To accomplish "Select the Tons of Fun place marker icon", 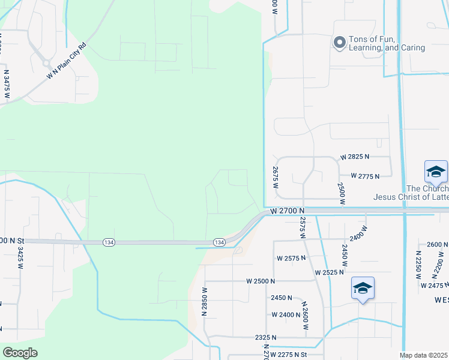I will (339, 42).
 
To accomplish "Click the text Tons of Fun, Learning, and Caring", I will (387, 43).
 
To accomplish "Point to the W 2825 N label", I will (355, 157).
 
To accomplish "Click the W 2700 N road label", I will (288, 211).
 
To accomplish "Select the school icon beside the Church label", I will (436, 172).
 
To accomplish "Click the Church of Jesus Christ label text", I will (411, 193).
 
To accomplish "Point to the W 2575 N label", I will (291, 258).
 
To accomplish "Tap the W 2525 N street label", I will (330, 272).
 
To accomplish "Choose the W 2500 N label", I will (260, 281).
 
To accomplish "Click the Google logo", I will (20, 352).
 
